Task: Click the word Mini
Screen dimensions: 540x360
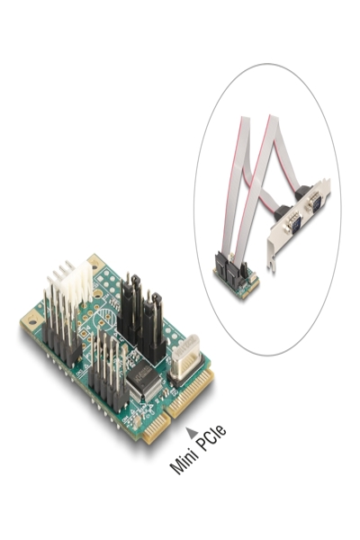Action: tap(184, 460)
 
